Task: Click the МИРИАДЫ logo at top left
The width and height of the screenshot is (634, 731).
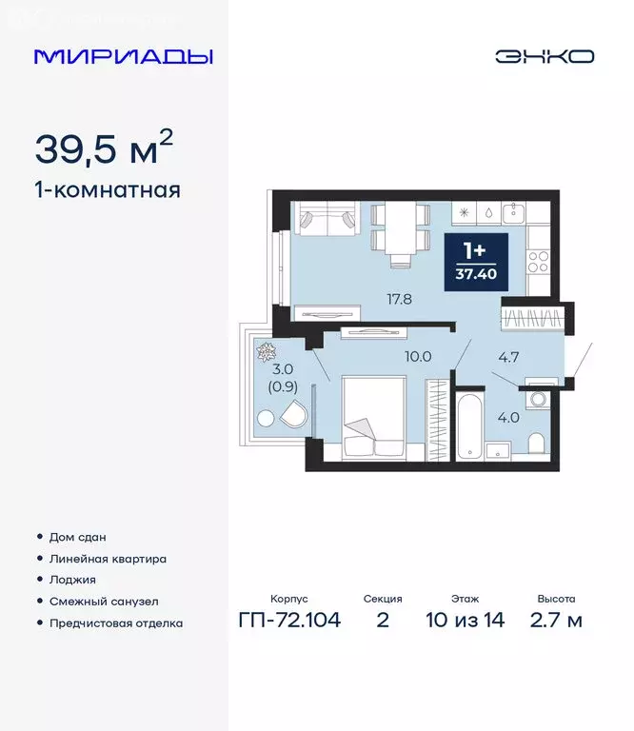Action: (123, 56)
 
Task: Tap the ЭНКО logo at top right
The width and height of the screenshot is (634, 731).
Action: (544, 56)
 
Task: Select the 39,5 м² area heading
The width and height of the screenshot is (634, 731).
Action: (105, 148)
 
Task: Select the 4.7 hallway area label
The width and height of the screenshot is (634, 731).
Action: (510, 358)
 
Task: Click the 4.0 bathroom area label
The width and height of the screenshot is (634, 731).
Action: (510, 416)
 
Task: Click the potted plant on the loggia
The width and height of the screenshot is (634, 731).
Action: (264, 350)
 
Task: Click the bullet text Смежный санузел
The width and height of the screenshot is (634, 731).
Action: (104, 602)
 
